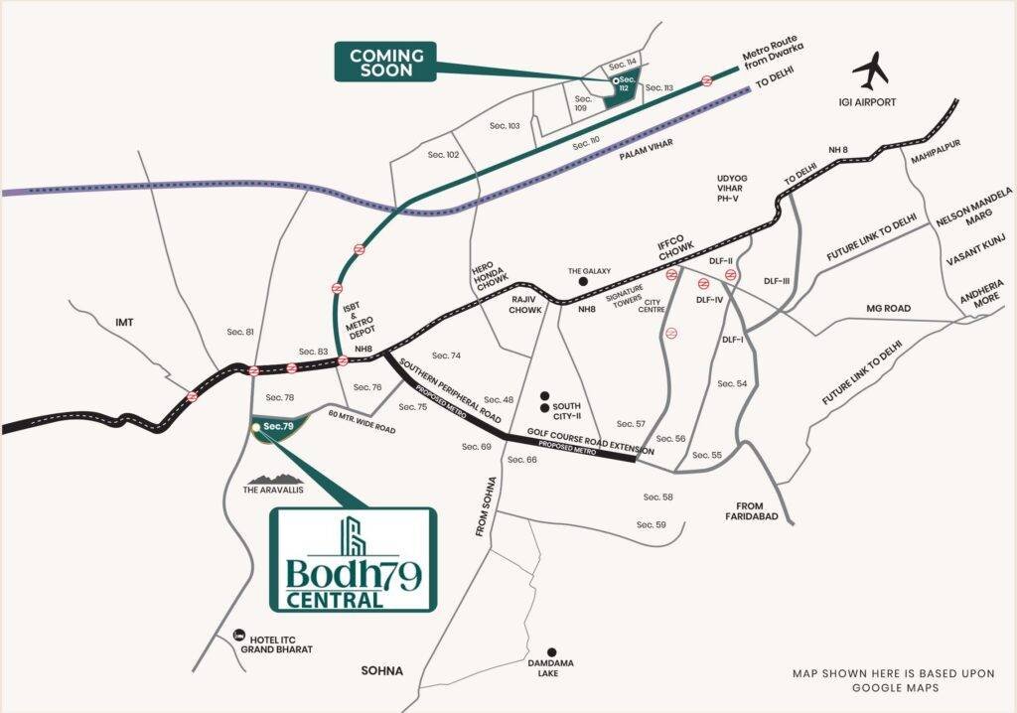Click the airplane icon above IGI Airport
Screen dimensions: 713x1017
pos(874,72)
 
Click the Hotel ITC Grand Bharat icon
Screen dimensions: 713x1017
pos(238,636)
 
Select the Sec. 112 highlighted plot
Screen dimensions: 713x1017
pos(625,87)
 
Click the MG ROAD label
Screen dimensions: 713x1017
pos(888,309)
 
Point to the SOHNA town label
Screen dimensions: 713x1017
pos(382,671)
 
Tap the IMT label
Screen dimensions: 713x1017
pos(124,323)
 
